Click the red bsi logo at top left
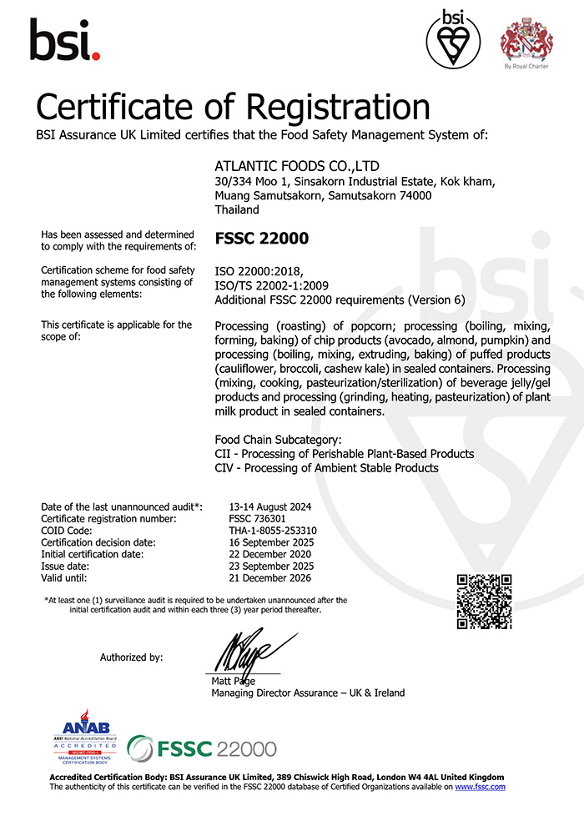point(65,39)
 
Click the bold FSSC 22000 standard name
point(261,239)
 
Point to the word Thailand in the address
point(238,211)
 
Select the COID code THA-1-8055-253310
point(273,530)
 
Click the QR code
point(484,601)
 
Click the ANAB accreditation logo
point(85,738)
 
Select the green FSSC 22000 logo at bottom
point(202,748)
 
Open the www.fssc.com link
point(480,787)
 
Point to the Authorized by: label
point(131,657)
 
